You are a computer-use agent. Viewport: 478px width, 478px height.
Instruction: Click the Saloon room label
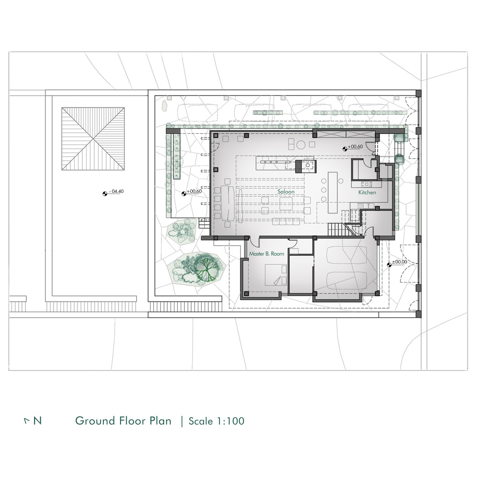[x=286, y=192]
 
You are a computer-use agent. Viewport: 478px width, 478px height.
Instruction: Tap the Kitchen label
[x=367, y=192]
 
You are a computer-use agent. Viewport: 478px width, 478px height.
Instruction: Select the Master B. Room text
[x=266, y=254]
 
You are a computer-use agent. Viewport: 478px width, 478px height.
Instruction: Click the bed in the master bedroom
[x=276, y=275]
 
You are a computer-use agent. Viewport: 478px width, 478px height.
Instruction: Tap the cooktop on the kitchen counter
[x=367, y=184]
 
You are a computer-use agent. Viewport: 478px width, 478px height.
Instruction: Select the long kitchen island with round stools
[x=333, y=193]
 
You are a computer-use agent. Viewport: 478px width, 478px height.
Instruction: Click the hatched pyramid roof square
[x=93, y=139]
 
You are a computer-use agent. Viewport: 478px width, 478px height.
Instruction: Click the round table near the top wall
[x=301, y=144]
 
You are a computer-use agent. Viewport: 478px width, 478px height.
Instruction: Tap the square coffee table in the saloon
[x=286, y=204]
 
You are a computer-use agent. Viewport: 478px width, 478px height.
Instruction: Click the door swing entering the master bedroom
[x=254, y=242]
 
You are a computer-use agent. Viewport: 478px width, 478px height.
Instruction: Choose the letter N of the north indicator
[x=37, y=421]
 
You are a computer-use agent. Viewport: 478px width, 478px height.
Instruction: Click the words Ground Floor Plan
[x=123, y=421]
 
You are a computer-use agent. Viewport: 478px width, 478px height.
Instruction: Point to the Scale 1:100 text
[x=217, y=421]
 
